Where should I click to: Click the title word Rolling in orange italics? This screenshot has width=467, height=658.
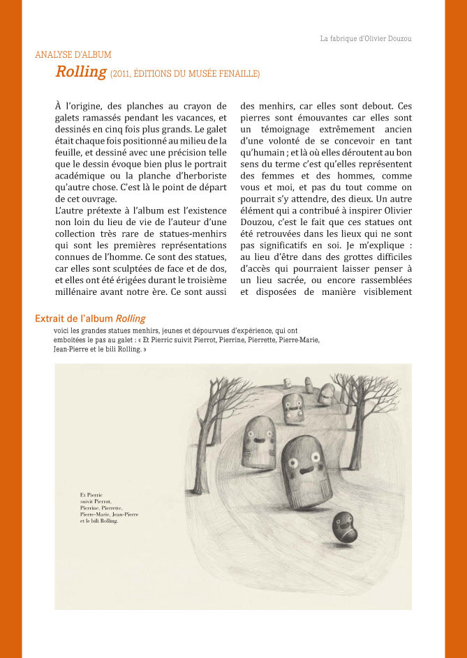[81, 71]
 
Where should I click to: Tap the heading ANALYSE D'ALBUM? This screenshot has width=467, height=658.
[73, 54]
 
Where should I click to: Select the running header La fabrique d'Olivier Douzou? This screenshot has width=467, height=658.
[365, 38]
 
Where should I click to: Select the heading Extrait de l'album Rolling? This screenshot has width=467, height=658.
[90, 319]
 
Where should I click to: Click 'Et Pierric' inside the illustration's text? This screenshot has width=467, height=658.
[91, 494]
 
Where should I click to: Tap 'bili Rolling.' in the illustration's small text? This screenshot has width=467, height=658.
[103, 520]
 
